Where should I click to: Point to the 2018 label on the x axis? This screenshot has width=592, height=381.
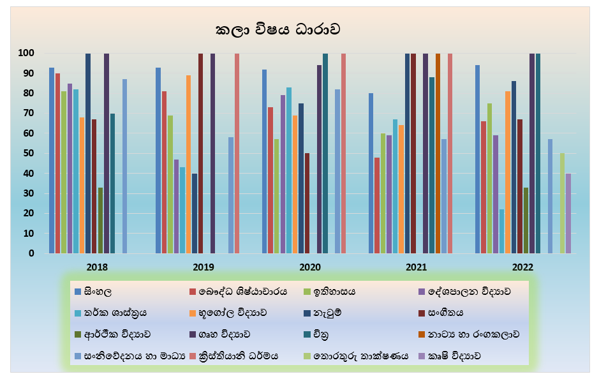point(97,267)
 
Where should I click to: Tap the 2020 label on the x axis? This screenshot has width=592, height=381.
point(310,267)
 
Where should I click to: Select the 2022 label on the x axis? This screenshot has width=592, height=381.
point(522,267)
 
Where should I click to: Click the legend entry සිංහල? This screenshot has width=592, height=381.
point(98,292)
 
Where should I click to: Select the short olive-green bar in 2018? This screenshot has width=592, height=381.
point(100,220)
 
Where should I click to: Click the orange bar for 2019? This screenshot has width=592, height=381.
point(188,164)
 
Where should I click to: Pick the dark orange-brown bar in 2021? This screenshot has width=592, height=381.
point(438,153)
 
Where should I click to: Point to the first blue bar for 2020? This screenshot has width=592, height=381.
point(264,161)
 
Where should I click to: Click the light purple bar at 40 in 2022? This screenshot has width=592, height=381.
point(568,213)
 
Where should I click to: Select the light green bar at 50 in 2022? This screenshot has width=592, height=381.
point(562,203)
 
